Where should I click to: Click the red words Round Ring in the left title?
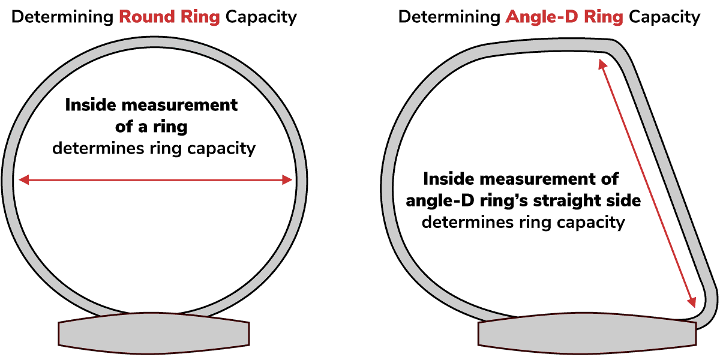click(x=169, y=17)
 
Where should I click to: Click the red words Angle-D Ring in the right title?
click(x=564, y=17)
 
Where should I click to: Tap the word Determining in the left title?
click(x=62, y=17)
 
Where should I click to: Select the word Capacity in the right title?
click(x=664, y=17)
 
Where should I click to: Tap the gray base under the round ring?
click(x=154, y=333)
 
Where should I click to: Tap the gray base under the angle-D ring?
click(x=587, y=333)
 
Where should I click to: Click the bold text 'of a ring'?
click(x=151, y=127)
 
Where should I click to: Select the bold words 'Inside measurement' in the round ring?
click(x=151, y=105)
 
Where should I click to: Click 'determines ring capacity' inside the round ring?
click(x=154, y=149)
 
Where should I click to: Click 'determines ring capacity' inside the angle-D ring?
click(x=523, y=223)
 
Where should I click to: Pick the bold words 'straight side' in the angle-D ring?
click(x=587, y=200)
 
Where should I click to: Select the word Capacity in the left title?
click(x=261, y=17)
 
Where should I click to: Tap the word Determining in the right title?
click(x=449, y=17)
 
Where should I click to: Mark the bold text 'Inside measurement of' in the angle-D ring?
click(x=521, y=179)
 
